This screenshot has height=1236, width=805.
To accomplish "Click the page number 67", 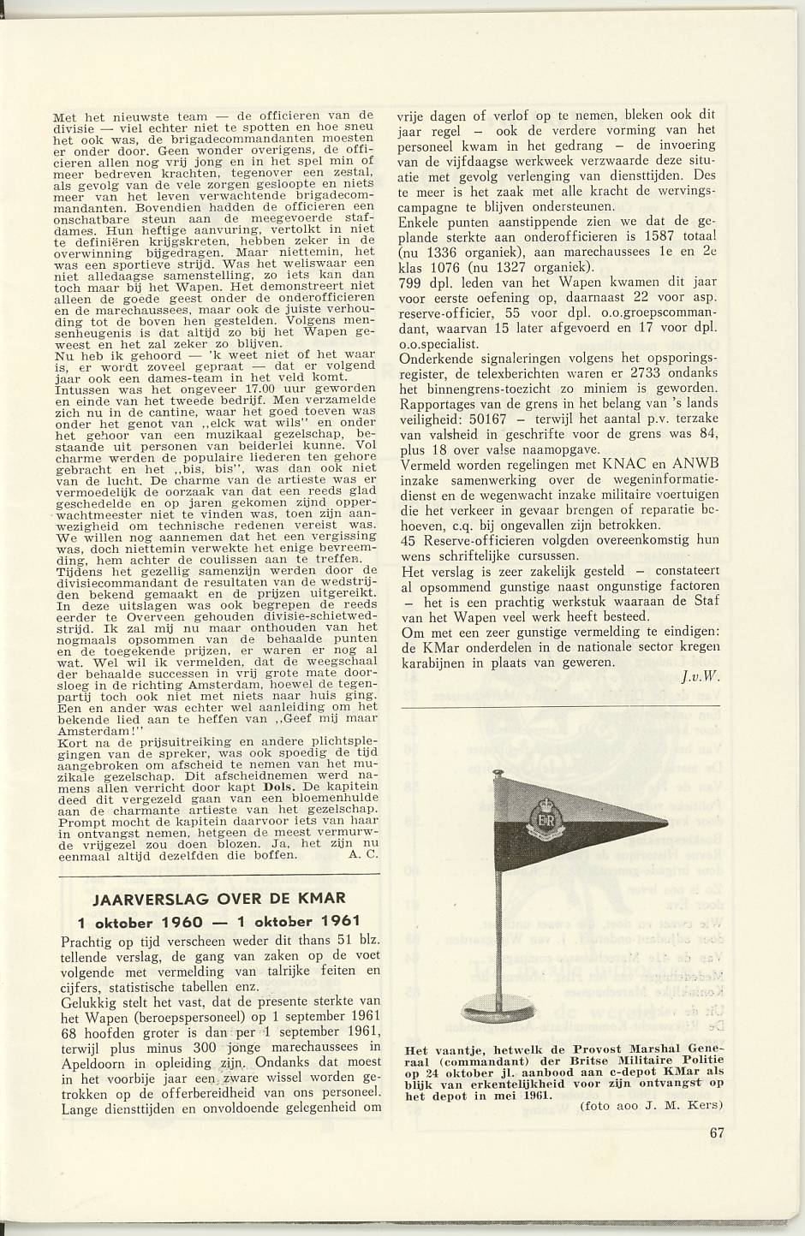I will click(717, 1133).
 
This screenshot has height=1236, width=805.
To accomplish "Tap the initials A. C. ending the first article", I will click(363, 854).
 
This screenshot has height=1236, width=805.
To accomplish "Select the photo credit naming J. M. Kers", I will click(652, 1106).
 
